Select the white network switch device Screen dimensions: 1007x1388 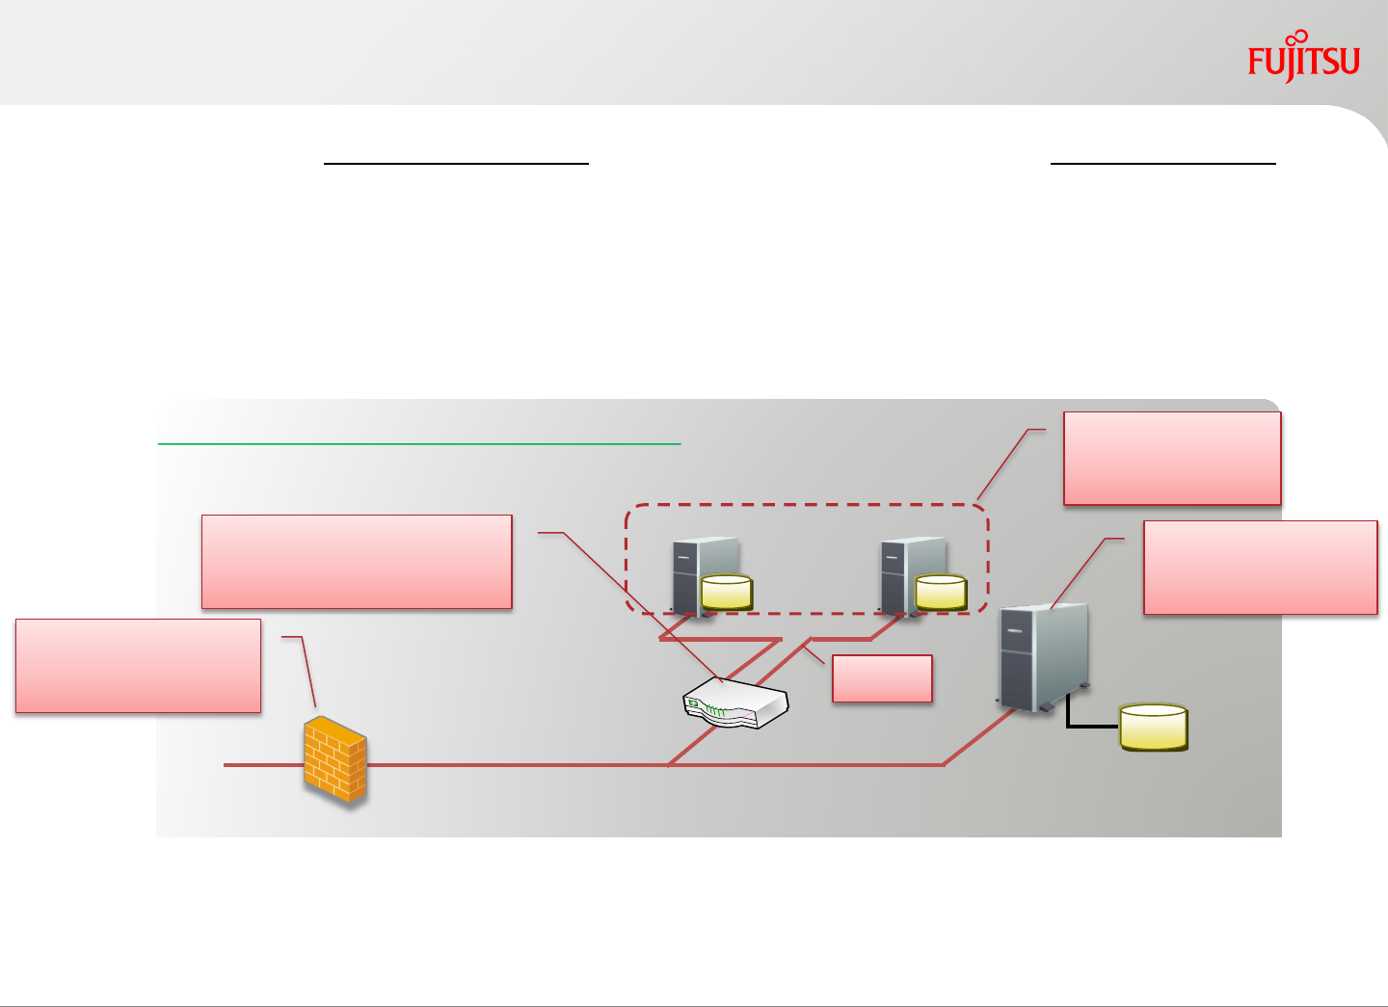[x=735, y=702]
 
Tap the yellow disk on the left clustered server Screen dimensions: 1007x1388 [x=727, y=592]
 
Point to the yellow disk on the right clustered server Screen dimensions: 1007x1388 [x=941, y=592]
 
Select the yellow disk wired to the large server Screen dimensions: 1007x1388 [x=1153, y=727]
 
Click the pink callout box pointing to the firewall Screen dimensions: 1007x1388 [x=138, y=666]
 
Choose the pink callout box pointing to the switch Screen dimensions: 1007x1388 [x=357, y=562]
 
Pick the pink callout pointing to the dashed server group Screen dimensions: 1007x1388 [x=1172, y=459]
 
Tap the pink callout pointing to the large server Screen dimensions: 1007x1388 [x=1260, y=568]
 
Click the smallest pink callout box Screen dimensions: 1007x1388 [x=882, y=678]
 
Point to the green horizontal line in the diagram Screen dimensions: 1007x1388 [x=419, y=444]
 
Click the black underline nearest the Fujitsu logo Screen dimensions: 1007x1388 [x=1162, y=164]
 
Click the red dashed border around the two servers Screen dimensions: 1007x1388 [x=807, y=505]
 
